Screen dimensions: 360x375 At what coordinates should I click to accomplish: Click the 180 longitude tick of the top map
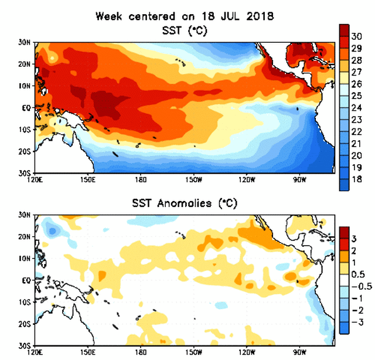[x=141, y=179]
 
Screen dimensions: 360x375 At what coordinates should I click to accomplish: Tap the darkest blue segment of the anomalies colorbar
[x=345, y=328]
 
